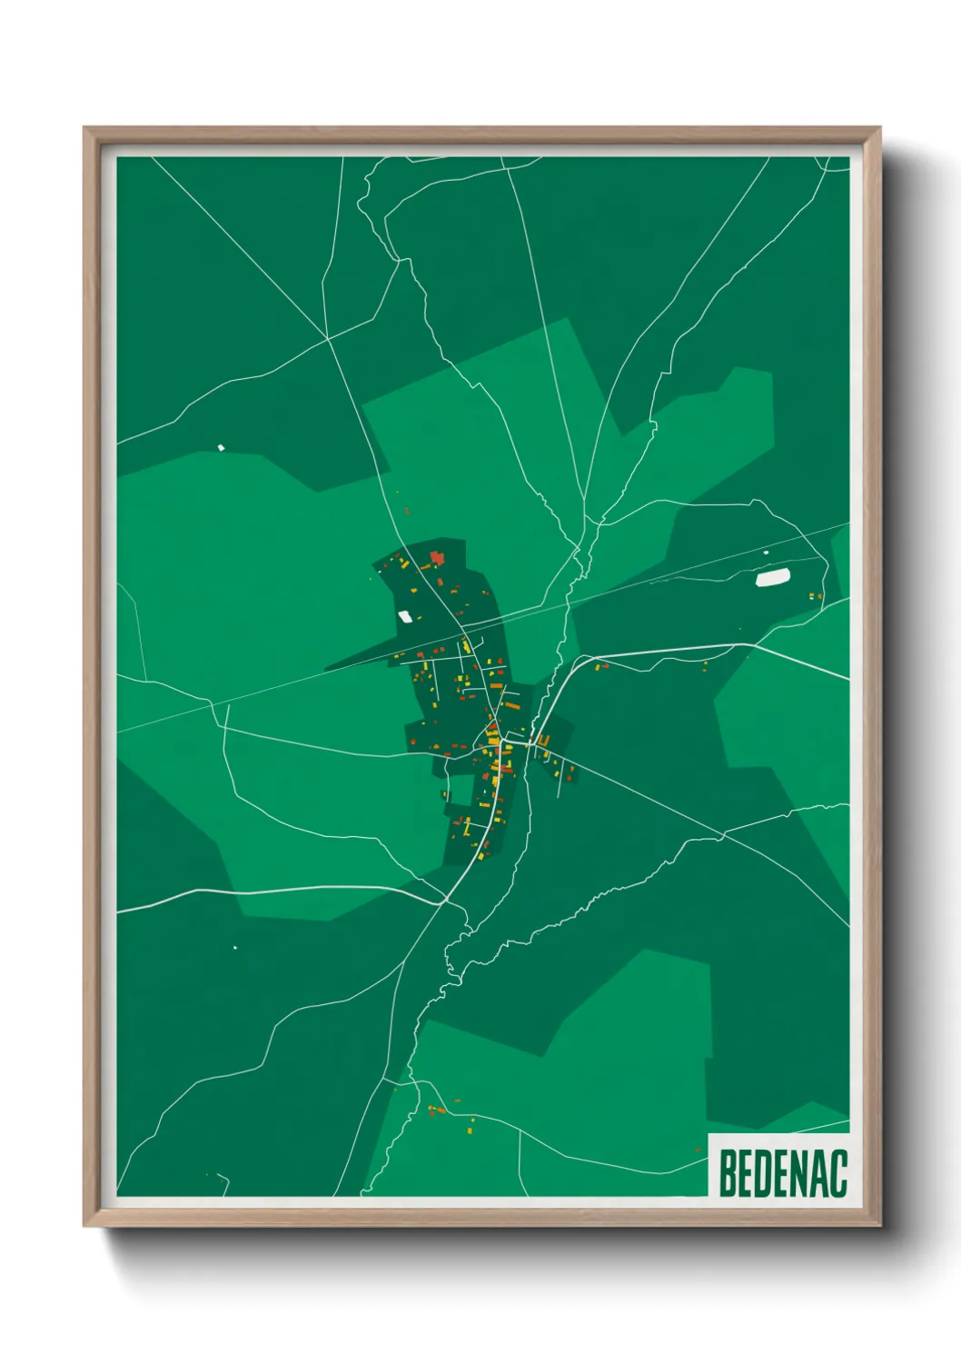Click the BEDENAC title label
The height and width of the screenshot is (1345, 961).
(x=782, y=1173)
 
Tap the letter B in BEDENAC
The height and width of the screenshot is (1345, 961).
(x=728, y=1173)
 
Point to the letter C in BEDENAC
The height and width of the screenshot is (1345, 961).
(x=838, y=1173)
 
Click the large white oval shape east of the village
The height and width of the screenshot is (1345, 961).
(x=773, y=577)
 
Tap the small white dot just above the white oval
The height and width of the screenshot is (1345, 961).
(x=766, y=553)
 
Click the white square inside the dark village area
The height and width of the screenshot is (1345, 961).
(x=405, y=617)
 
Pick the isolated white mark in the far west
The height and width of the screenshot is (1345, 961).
(x=221, y=447)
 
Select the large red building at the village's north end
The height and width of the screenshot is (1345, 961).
(x=437, y=556)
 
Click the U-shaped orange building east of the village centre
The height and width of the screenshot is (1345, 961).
(x=542, y=742)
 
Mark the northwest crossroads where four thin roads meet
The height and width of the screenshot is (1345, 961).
(x=327, y=340)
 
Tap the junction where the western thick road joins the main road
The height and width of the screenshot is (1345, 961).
(x=445, y=902)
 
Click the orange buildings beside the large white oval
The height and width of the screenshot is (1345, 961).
(x=816, y=596)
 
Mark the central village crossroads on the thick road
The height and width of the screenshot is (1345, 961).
(x=501, y=742)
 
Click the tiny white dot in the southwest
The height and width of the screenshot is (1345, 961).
(x=235, y=948)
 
